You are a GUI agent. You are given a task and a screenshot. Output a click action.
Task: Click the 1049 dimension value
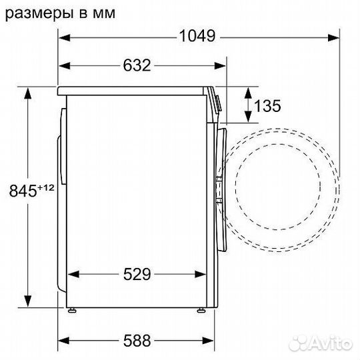point(197,37)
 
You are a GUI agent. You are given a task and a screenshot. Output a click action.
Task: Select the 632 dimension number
point(137,65)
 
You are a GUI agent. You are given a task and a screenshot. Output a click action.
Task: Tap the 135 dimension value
point(267,105)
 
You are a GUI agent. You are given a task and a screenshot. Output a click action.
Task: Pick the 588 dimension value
point(137,342)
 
